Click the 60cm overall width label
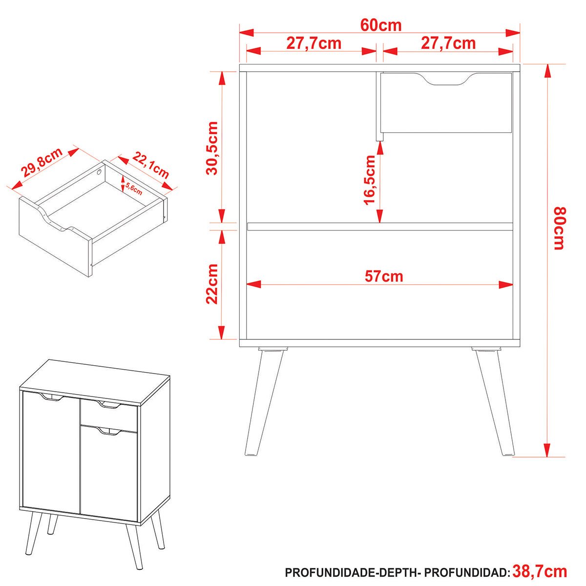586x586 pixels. [381, 25]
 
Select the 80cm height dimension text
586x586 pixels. [560, 229]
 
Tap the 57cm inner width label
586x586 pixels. [384, 276]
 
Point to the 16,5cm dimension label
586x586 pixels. [370, 180]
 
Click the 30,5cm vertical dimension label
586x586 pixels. [212, 148]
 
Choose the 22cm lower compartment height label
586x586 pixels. [212, 284]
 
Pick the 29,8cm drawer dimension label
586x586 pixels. [42, 163]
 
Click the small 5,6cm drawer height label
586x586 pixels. [134, 189]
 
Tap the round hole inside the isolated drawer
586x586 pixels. [99, 172]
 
